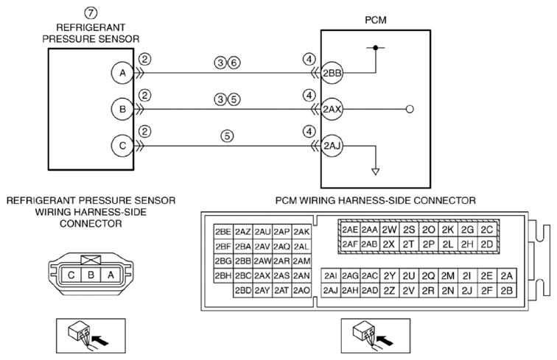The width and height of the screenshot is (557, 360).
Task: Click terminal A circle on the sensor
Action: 122,73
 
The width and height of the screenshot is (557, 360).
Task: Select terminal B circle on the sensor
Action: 122,109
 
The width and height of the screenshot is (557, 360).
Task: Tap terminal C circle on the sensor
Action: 122,146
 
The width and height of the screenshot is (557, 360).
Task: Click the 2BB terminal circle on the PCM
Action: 332,73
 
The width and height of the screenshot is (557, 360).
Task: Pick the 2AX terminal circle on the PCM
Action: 332,109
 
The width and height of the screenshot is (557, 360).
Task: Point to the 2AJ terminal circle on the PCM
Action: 332,146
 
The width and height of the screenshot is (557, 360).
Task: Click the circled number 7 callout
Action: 91,13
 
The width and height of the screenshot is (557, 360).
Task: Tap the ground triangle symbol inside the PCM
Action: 376,172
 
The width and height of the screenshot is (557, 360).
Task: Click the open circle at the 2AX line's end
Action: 410,109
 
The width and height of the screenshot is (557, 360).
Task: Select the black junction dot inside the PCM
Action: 376,47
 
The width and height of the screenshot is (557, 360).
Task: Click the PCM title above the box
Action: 376,20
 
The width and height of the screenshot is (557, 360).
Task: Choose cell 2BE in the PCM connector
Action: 223,232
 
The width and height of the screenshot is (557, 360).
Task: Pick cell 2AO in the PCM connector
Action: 301,290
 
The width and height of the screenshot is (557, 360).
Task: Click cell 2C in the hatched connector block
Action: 487,230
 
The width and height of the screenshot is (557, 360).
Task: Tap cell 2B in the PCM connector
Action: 507,290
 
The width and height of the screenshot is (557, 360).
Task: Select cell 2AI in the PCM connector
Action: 331,276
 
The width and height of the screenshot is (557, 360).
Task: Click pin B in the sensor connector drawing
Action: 91,275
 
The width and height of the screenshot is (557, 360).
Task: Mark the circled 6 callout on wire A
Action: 234,63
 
